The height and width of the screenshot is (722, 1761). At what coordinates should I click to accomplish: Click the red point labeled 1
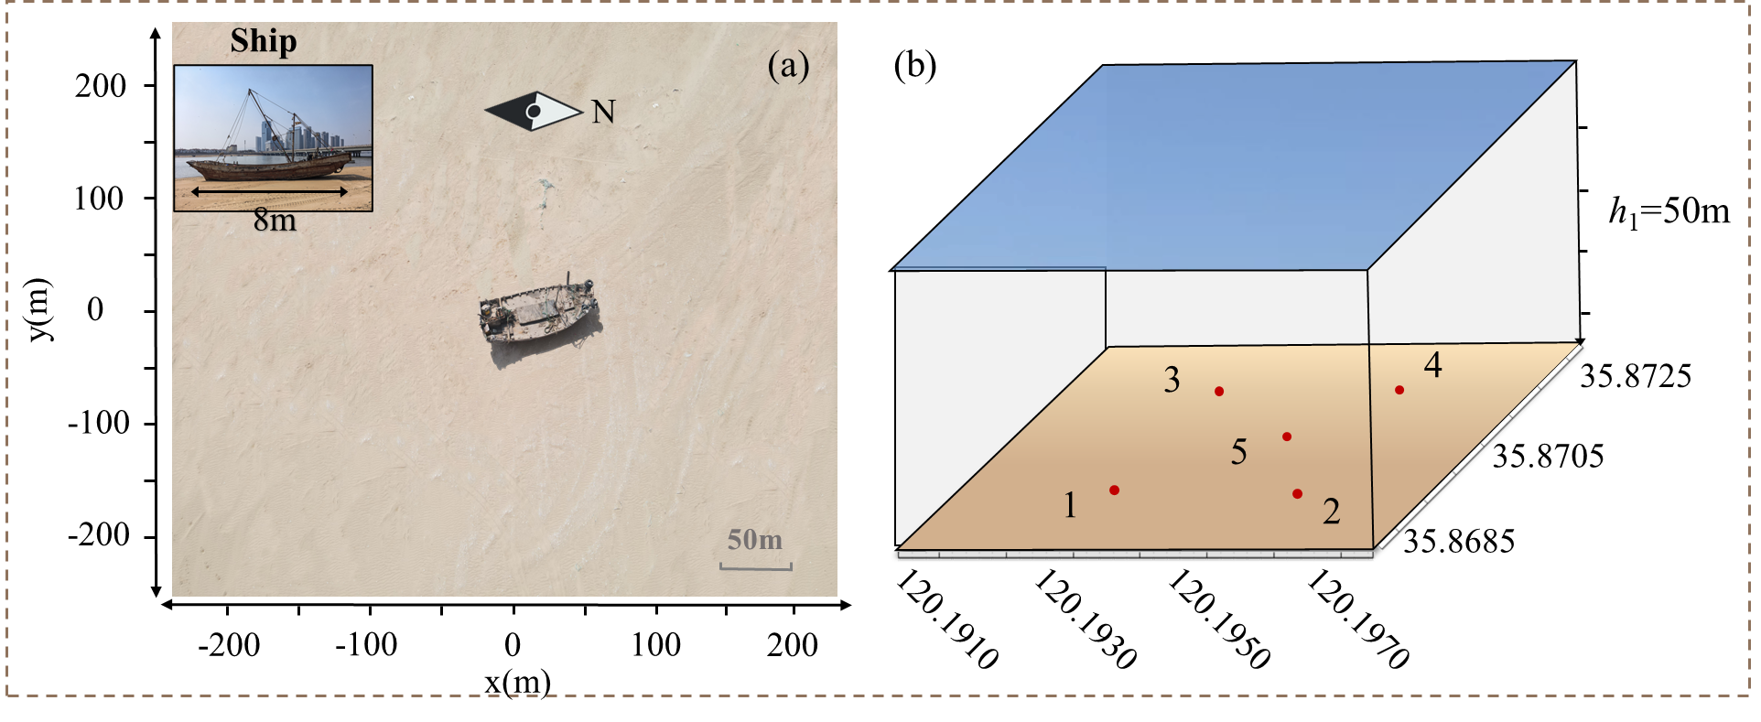tap(1114, 490)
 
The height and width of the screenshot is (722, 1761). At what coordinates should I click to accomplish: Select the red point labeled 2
tap(1297, 494)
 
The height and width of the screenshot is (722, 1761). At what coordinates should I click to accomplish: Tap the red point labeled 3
tap(1219, 392)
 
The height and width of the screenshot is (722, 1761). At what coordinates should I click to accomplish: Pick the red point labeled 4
tap(1399, 390)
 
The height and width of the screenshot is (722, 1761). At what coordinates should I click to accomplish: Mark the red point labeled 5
tap(1287, 436)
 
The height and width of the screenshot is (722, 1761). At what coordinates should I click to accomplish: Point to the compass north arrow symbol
tap(534, 112)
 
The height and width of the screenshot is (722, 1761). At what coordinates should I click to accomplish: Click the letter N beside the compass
tap(603, 112)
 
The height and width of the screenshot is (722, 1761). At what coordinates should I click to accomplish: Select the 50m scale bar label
tap(755, 540)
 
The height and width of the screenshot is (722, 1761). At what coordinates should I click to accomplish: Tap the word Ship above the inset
tap(264, 41)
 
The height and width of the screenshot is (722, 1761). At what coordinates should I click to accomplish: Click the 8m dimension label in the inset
tap(275, 221)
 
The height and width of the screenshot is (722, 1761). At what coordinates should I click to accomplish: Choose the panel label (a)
tap(789, 66)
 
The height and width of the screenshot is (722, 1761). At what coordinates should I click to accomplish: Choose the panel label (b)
tap(915, 65)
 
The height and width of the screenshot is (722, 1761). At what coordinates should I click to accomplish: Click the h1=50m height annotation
tap(1669, 212)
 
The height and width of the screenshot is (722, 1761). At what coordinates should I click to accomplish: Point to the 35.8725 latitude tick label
tap(1636, 376)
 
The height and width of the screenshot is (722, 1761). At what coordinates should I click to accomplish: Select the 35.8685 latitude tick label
tap(1459, 541)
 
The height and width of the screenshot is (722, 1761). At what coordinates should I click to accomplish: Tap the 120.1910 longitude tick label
tap(946, 619)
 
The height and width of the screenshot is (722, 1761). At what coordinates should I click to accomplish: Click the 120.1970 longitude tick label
tap(1357, 619)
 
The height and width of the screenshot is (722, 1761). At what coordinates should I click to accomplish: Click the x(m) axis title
tap(518, 683)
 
